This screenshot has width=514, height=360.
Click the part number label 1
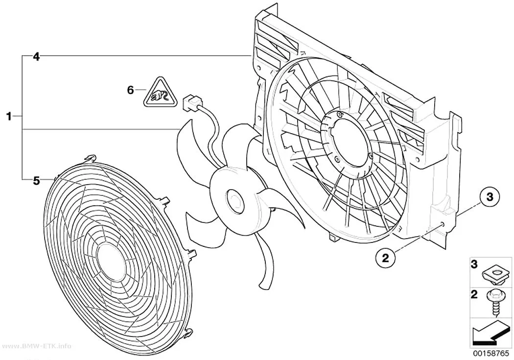click(x=9, y=116)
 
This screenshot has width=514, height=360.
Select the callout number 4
click(x=36, y=57)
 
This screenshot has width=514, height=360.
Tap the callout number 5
click(x=36, y=180)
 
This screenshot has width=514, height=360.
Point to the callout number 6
click(x=131, y=90)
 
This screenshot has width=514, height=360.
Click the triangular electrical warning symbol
click(x=159, y=93)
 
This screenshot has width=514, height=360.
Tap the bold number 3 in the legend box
click(x=474, y=264)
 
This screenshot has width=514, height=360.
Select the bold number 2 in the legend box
click(x=474, y=294)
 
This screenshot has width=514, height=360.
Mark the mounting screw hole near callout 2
click(x=443, y=224)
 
